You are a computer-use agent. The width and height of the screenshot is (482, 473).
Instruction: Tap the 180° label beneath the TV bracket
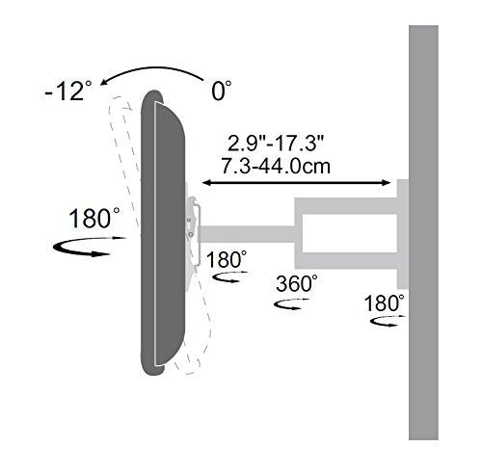pyautogui.click(x=228, y=259)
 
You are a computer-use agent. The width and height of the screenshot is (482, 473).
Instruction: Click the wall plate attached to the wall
pyautogui.click(x=402, y=231)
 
